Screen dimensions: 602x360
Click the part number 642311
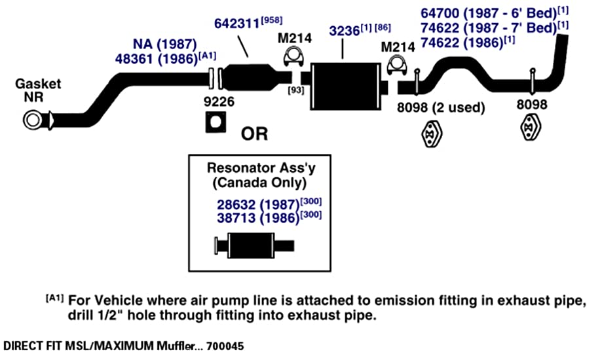coord(237,24)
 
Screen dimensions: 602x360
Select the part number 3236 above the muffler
coord(345,31)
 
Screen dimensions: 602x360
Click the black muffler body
coord(346,86)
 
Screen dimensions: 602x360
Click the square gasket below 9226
coord(216,122)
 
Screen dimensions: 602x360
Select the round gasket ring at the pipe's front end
coord(32,120)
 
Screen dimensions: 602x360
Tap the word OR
coord(254,134)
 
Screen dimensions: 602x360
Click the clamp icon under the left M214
coord(293,57)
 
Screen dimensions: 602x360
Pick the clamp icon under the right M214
coord(396,65)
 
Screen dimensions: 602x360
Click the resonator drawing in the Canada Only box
coord(254,245)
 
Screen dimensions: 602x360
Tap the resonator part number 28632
coord(236,205)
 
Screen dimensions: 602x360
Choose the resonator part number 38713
coord(236,218)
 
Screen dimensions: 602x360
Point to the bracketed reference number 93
coord(296,90)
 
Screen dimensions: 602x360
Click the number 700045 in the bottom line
coord(225,346)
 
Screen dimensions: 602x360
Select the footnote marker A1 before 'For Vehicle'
coord(54,298)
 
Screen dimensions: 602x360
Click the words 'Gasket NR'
coord(37,90)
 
